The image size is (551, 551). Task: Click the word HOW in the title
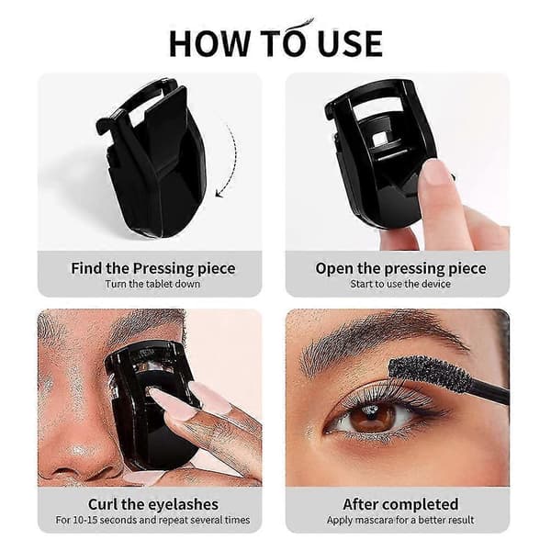[208, 43]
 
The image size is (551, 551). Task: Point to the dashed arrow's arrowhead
[220, 193]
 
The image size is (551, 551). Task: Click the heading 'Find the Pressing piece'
[153, 269]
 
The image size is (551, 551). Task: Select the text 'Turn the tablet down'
[152, 284]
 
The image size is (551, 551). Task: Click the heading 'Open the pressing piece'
[400, 269]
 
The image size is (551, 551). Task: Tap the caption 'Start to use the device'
[400, 284]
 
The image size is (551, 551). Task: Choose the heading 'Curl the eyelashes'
[153, 504]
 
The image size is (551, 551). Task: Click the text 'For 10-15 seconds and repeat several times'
[152, 520]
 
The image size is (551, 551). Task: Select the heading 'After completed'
[400, 504]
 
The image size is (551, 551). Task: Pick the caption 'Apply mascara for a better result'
[400, 520]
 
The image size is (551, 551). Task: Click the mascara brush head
[429, 374]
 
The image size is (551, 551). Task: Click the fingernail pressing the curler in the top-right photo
[435, 173]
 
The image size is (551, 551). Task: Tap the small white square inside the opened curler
[378, 139]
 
